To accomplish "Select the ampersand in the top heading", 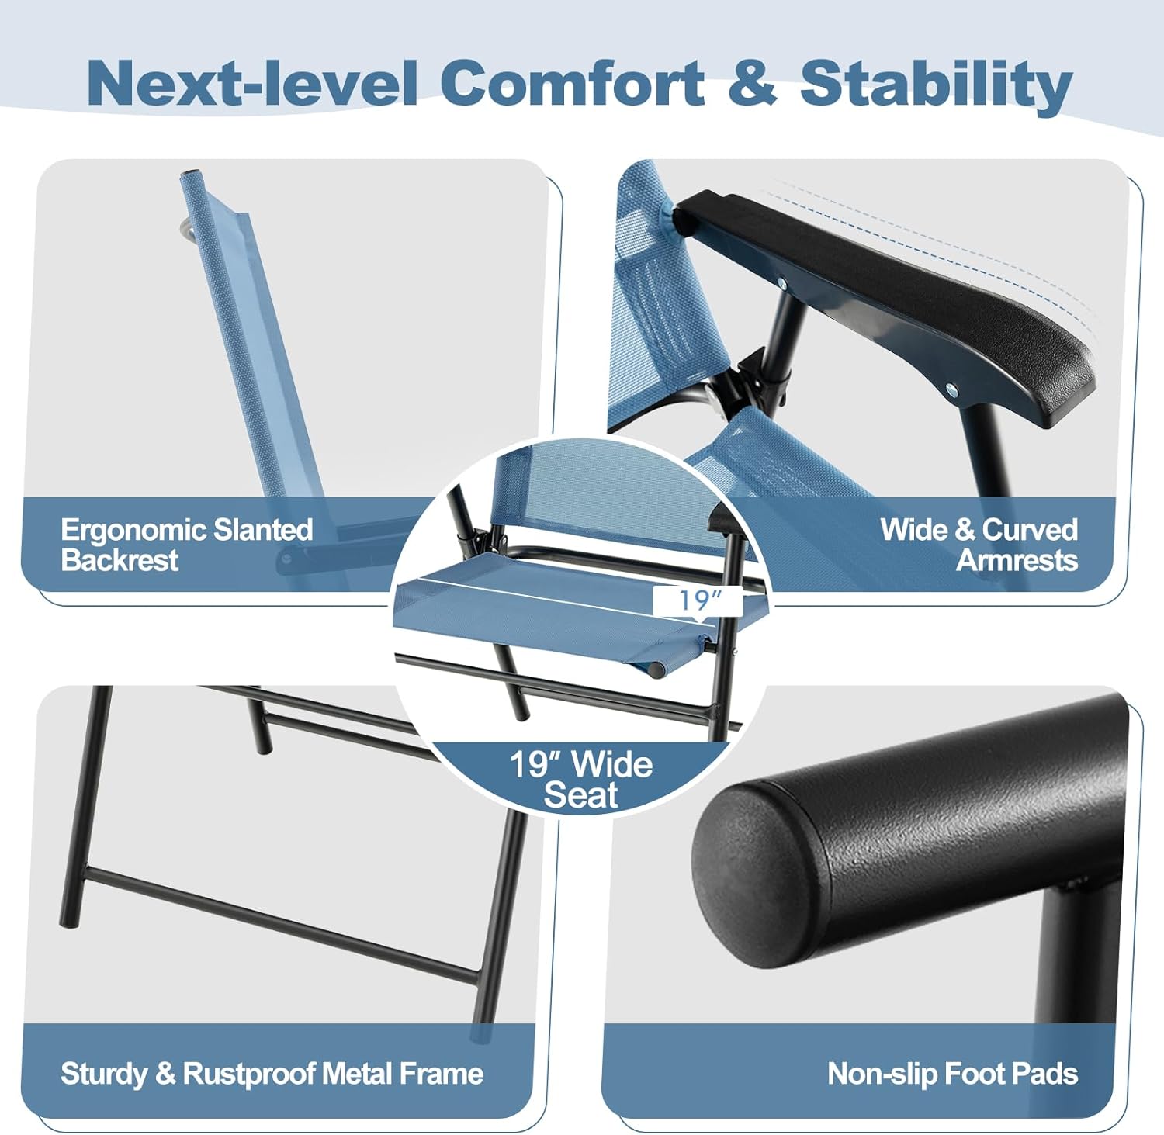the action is pyautogui.click(x=753, y=83).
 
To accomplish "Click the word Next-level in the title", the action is pyautogui.click(x=253, y=83).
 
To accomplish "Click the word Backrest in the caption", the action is pyautogui.click(x=120, y=560).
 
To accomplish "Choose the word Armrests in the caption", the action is pyautogui.click(x=1017, y=560).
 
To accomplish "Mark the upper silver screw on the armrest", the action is pyautogui.click(x=783, y=284).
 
